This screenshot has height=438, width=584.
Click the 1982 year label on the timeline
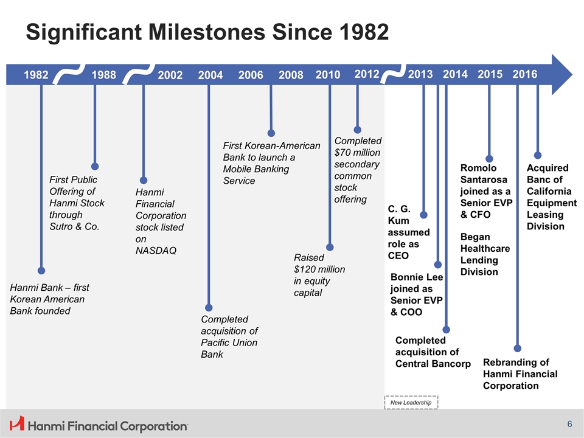coord(36,75)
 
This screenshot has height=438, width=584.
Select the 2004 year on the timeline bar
coord(210,75)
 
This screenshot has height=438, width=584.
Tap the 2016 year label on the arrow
coord(525,74)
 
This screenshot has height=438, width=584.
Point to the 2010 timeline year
coord(328,74)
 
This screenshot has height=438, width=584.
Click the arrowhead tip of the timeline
coord(572,74)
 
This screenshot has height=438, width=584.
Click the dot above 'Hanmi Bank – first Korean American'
coord(41,270)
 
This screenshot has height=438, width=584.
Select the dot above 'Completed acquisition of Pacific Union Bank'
coord(209,308)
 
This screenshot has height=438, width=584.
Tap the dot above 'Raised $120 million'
coord(330,248)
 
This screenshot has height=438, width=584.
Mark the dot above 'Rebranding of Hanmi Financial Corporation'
coord(517,348)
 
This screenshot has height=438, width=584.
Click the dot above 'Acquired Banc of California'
coord(537,155)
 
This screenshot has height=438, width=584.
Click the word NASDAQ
coord(156,251)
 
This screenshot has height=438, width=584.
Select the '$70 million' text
coord(357,152)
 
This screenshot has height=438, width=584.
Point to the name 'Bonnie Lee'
coord(416,277)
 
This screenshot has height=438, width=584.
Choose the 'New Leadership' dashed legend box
coord(411,402)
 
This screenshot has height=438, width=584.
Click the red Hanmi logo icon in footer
coord(17,423)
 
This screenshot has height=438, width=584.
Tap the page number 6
coord(569,424)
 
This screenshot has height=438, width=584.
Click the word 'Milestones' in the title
coord(207,32)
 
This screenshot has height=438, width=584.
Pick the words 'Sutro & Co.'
coord(74,226)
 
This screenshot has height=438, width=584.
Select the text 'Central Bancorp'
coord(433,364)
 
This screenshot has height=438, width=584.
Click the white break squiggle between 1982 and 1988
coord(69,74)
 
